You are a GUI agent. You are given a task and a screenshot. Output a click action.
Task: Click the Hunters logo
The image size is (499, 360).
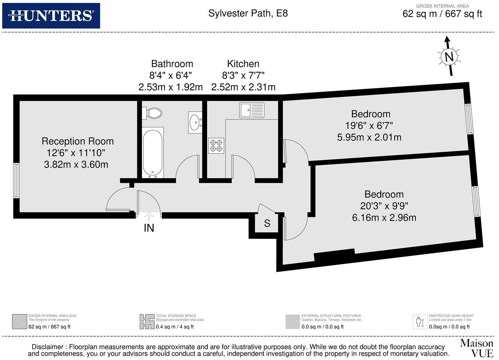[51, 16]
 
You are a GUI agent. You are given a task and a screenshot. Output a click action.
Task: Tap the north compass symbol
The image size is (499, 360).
[449, 57]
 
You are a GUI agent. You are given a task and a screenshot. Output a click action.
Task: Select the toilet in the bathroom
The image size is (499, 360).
[153, 113]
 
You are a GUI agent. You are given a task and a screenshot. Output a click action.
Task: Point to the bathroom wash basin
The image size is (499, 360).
[195, 122]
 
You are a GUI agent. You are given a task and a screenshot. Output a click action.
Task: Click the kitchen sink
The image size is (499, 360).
[252, 110]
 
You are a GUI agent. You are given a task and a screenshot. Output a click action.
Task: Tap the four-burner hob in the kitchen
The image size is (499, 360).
[216, 145]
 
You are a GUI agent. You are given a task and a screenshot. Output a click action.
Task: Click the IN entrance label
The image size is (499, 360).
[149, 228]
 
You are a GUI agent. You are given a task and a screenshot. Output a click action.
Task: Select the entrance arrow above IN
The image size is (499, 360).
[149, 216]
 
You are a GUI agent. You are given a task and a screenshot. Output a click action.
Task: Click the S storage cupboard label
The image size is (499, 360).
[267, 223]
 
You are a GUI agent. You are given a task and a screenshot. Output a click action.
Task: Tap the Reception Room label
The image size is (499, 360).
[78, 141]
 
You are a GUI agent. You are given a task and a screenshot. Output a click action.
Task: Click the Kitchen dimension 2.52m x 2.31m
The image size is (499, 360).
[243, 87]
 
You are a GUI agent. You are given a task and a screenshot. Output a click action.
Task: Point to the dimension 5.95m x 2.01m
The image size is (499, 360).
[369, 137]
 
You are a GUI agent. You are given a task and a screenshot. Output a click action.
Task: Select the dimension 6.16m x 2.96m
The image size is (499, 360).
[384, 218]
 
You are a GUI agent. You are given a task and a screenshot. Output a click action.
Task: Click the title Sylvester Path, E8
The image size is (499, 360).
[248, 13]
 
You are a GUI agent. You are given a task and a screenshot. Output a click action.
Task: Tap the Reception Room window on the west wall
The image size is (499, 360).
[16, 181]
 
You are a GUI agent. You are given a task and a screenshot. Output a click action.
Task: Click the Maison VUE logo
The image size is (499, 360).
[476, 348]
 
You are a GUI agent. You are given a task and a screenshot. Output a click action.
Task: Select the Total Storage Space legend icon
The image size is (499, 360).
[147, 321]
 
